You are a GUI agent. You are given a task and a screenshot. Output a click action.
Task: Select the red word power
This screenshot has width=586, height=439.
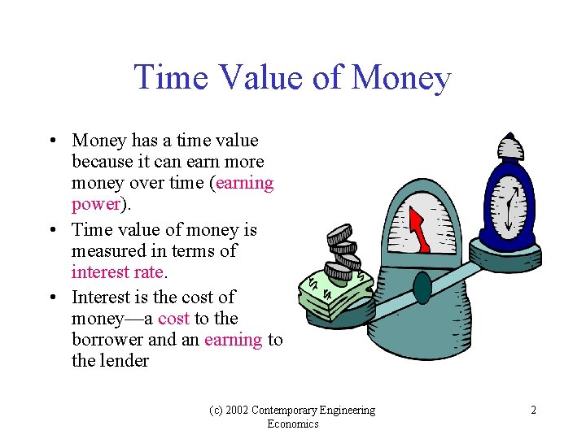click(x=95, y=204)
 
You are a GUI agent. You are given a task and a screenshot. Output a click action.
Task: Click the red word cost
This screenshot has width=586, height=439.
click(x=174, y=318)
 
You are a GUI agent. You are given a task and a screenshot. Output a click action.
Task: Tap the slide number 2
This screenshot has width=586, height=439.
click(x=533, y=411)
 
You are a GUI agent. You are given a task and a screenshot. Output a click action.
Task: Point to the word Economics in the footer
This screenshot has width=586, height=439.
click(x=293, y=424)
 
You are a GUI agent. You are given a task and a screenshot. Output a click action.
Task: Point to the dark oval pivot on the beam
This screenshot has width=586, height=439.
click(x=422, y=288)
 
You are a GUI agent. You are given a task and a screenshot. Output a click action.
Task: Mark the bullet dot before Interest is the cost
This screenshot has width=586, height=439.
click(x=51, y=298)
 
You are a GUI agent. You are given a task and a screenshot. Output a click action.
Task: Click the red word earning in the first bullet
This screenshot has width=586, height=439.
click(x=245, y=183)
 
